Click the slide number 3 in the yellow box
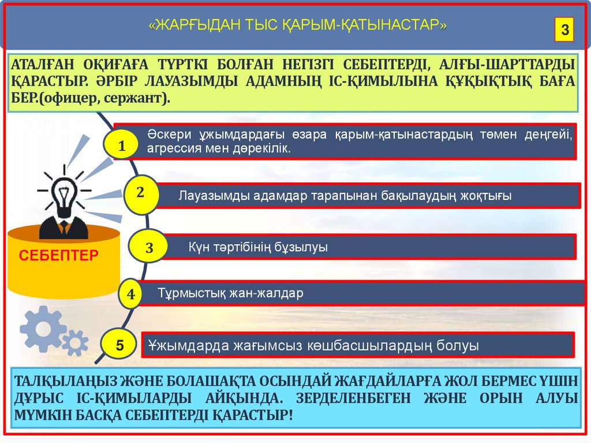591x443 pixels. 564,29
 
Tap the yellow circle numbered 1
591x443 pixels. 121,147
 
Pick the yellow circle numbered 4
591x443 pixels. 131,295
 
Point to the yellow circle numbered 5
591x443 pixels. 119,345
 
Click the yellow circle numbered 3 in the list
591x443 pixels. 149,248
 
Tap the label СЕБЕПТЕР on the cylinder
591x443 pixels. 59,255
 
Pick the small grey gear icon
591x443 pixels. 76,343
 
